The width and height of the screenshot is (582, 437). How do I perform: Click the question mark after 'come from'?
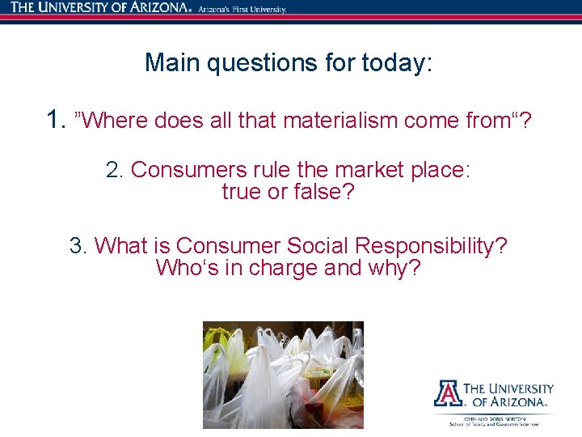click(526, 121)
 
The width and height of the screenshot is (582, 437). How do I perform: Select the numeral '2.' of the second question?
click(115, 170)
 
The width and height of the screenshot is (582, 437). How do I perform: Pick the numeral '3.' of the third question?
click(78, 245)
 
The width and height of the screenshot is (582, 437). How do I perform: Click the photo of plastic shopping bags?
click(282, 374)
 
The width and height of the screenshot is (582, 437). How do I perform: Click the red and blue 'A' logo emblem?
click(447, 392)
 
